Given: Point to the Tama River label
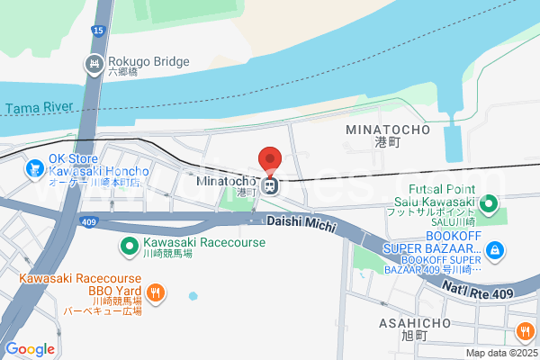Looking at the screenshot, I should (x=39, y=108).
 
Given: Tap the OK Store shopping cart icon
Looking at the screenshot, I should (x=35, y=168).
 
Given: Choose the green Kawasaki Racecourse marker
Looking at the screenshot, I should (x=129, y=244).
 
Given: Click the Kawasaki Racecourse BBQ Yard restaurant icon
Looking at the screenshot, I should (x=156, y=292).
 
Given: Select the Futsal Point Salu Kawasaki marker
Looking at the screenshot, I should (x=489, y=204).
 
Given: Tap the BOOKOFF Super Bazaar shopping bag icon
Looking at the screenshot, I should (x=494, y=249).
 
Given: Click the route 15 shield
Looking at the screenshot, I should (x=97, y=31).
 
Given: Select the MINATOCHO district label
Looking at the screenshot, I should (x=388, y=130).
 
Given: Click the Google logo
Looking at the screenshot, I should (x=30, y=349).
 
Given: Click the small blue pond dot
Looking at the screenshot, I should (x=193, y=295).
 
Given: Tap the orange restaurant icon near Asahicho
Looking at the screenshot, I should (x=525, y=333).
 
